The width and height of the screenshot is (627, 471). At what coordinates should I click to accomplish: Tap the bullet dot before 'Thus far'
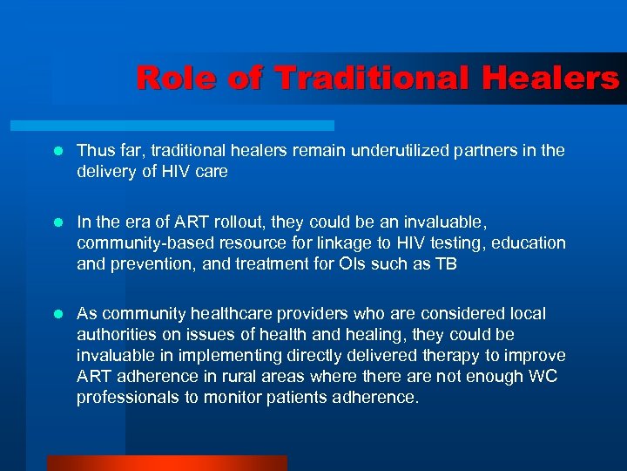58,151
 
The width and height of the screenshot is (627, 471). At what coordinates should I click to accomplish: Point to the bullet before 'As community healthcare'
58,313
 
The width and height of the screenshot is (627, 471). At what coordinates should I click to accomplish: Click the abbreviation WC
549,377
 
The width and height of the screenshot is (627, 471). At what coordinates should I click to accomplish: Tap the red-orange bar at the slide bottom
166,463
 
